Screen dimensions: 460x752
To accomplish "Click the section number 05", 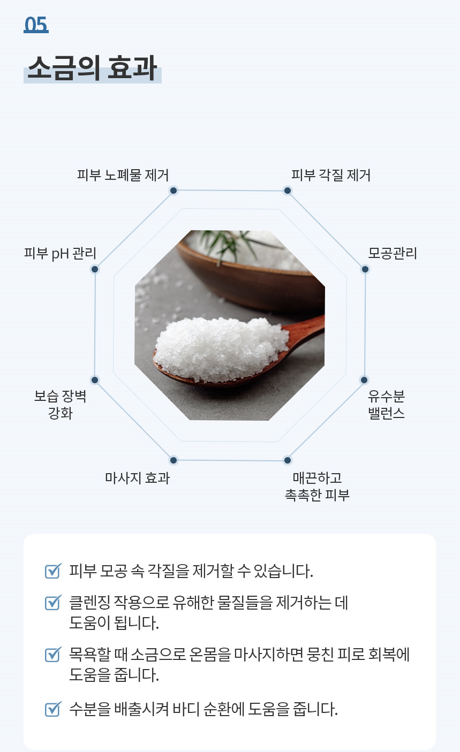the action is tap(36, 24).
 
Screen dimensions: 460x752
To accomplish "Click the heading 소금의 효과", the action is tap(92, 67).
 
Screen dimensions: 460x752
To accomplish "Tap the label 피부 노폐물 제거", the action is tap(123, 175).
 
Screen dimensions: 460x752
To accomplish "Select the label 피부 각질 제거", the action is tap(330, 175).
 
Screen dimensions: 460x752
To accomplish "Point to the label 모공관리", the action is tap(392, 253).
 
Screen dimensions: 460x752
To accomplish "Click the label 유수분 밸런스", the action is tap(386, 405).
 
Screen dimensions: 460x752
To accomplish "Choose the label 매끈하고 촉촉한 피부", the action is tap(317, 486).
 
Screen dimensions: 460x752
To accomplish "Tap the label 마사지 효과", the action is tap(137, 478).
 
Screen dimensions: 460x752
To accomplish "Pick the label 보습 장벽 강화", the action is tap(60, 405).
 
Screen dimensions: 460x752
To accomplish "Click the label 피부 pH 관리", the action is tap(60, 253).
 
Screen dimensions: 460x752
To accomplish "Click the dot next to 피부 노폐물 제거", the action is tap(173, 191).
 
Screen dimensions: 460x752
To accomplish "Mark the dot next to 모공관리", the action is tap(365, 269).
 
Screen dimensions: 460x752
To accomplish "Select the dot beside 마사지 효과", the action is tap(173, 460).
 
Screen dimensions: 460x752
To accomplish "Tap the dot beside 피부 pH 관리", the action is tap(95, 269).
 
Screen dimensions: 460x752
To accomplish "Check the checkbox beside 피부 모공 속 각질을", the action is tap(52, 572).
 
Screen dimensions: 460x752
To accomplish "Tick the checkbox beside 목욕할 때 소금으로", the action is tap(52, 655).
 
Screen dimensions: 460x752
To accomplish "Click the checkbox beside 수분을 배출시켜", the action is tap(52, 710).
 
